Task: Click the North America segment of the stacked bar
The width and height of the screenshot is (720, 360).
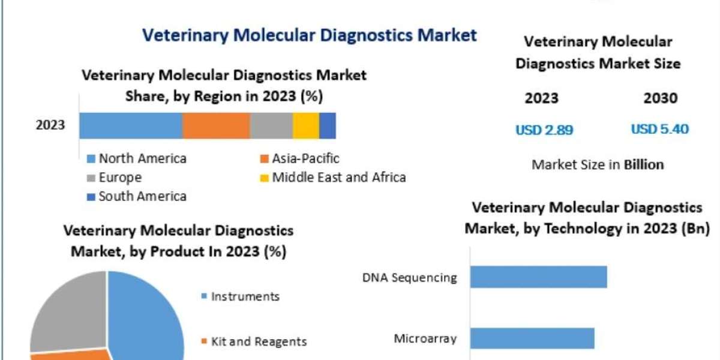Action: click(131, 125)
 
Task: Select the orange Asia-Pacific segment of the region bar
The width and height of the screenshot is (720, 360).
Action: click(216, 125)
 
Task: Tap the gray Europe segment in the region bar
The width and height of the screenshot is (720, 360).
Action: click(271, 125)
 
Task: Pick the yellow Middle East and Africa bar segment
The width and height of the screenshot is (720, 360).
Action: click(306, 125)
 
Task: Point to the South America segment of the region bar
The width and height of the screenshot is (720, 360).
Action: click(328, 125)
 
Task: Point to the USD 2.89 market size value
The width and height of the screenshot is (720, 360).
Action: click(544, 129)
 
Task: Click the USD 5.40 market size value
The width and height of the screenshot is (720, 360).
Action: click(659, 129)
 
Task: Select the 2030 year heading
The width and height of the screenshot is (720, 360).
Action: click(660, 98)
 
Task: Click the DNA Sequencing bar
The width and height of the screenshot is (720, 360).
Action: click(538, 277)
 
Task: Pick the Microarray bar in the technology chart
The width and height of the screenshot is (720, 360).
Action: click(532, 338)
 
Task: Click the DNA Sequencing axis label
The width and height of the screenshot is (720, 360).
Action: click(410, 278)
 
